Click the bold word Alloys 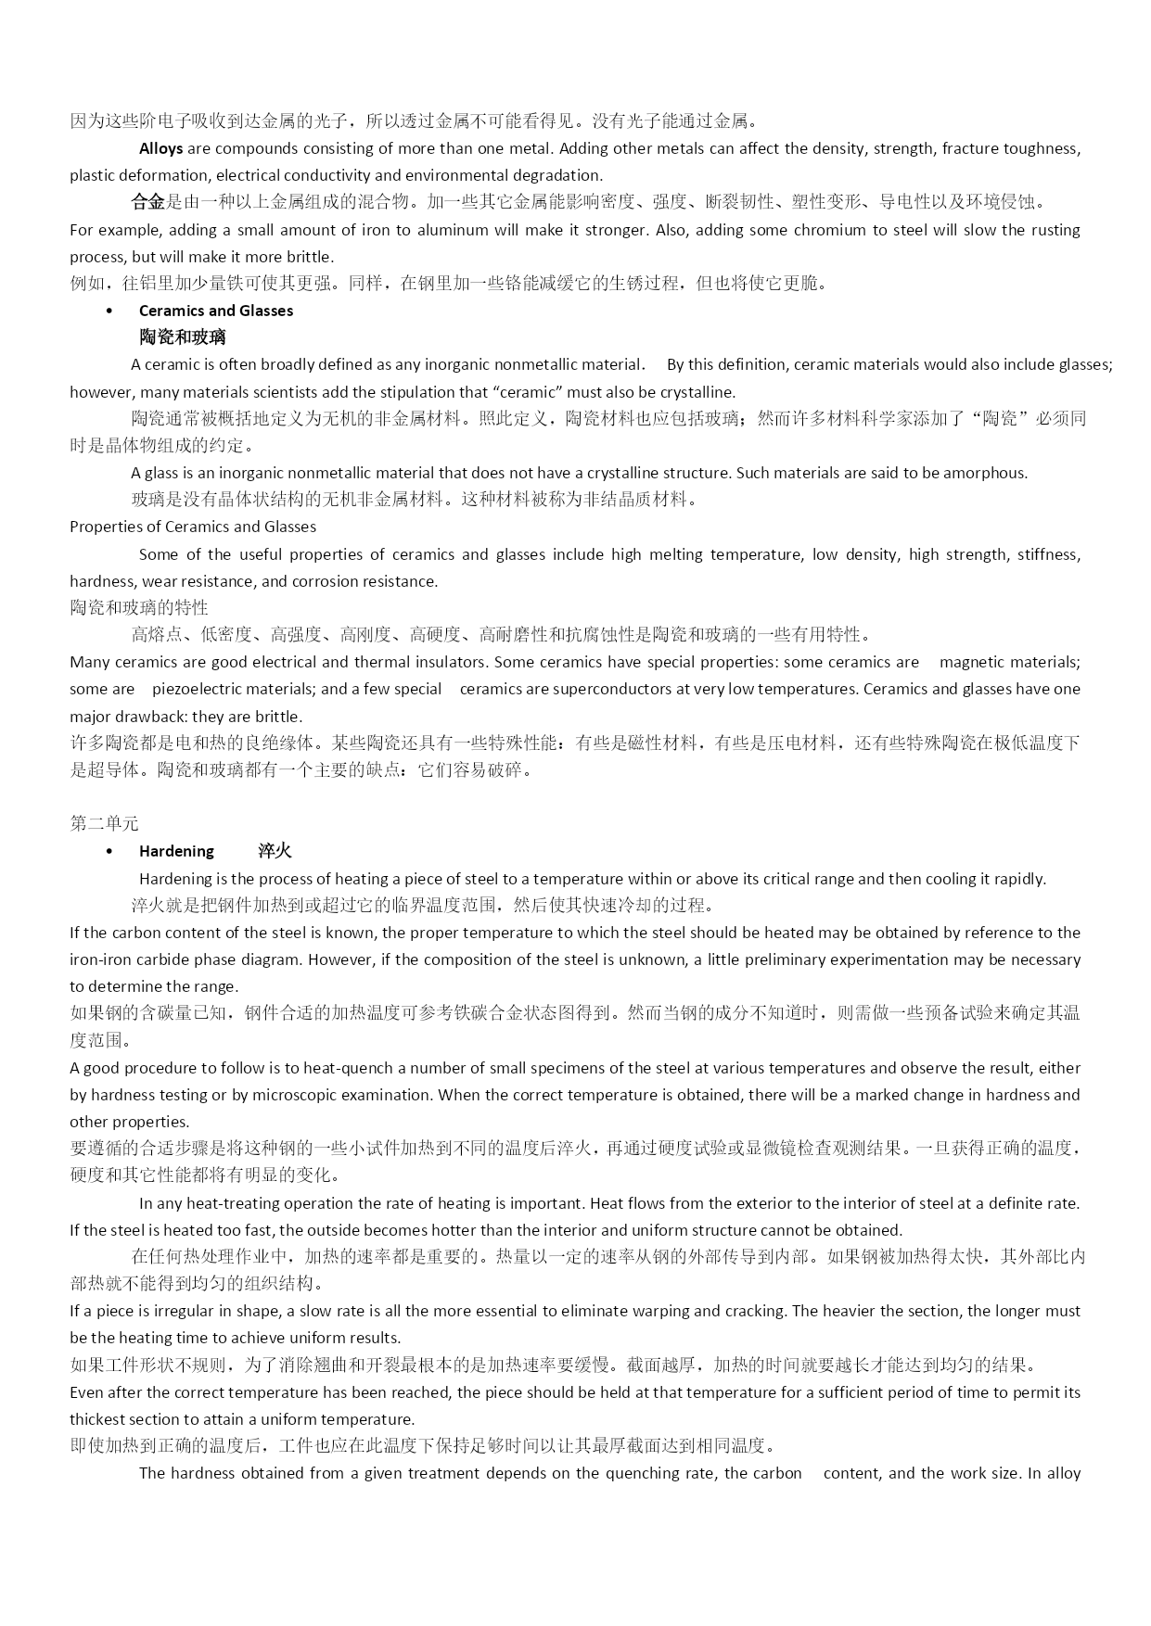click(x=160, y=148)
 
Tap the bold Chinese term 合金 click(x=147, y=202)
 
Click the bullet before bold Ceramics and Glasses click(x=109, y=311)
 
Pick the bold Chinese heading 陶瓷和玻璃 click(x=183, y=337)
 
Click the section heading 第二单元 click(x=104, y=823)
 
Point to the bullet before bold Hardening click(x=109, y=851)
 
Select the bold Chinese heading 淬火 click(x=275, y=851)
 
